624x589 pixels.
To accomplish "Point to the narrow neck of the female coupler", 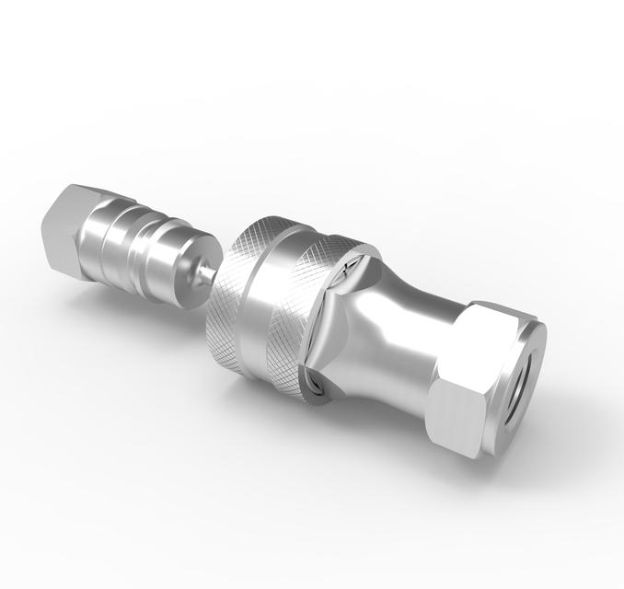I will click(x=405, y=323).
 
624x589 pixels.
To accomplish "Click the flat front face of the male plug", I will click(x=189, y=267).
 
